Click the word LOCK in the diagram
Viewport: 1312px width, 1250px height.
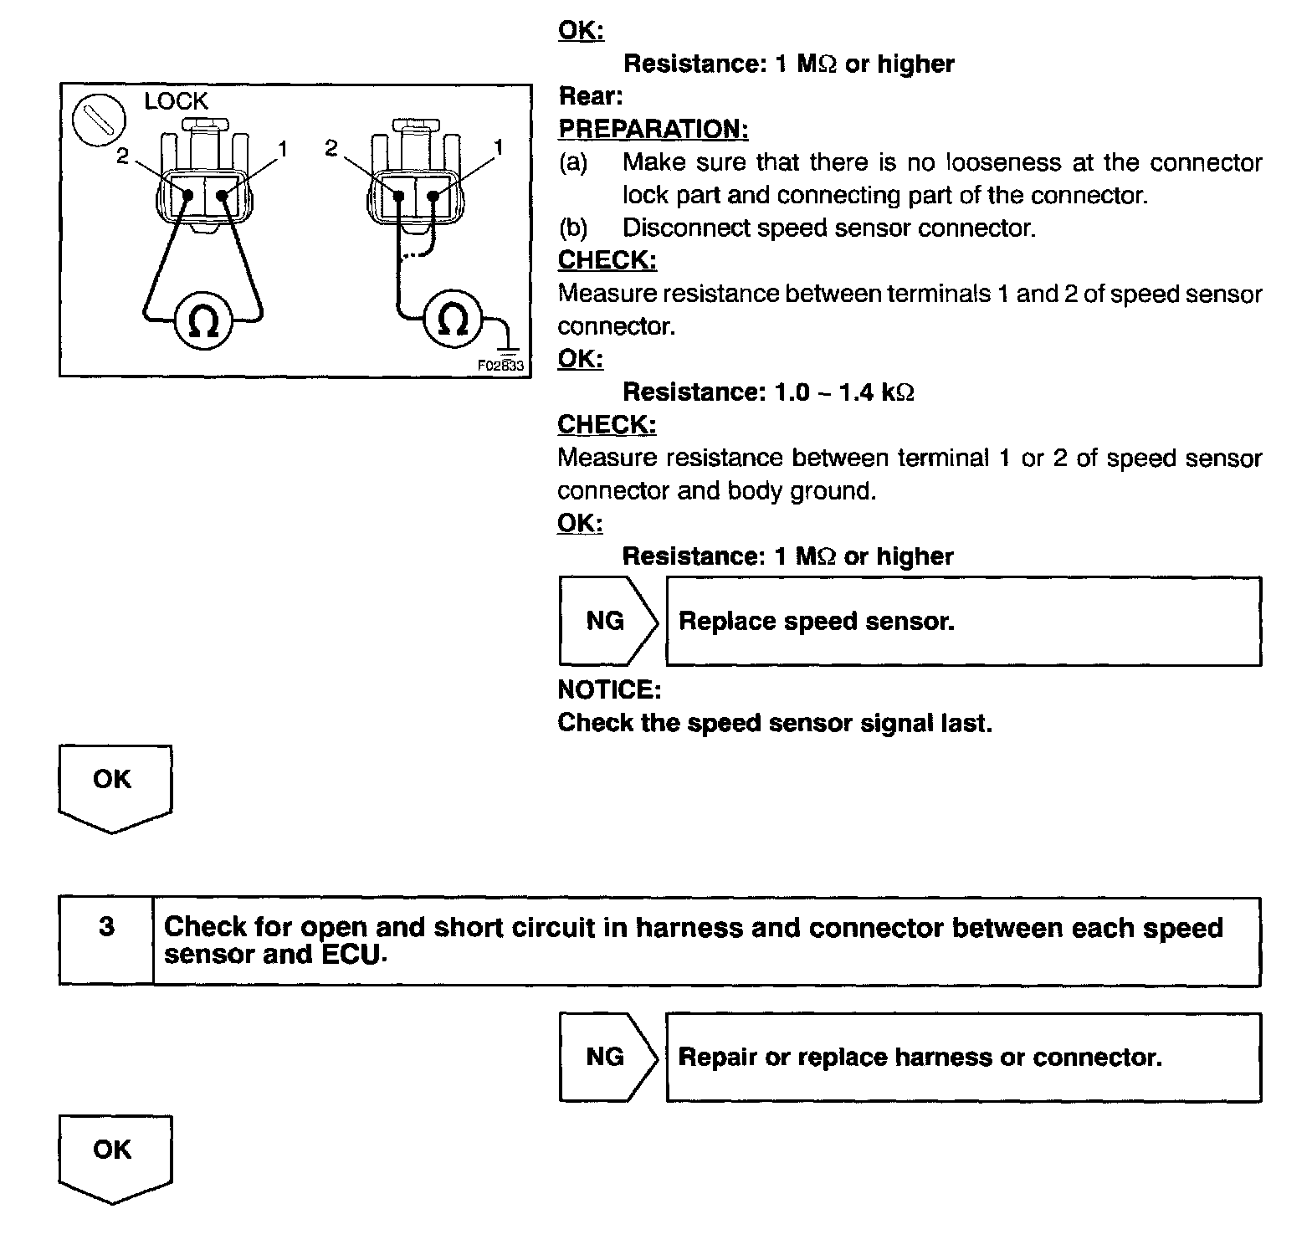click(176, 101)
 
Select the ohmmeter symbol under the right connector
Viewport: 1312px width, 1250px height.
click(453, 319)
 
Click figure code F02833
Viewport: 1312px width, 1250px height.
click(500, 366)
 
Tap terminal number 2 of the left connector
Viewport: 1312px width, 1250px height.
click(123, 156)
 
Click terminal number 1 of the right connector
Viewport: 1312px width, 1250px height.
click(499, 148)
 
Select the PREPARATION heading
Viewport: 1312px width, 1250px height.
click(653, 130)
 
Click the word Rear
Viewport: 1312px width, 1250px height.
click(590, 97)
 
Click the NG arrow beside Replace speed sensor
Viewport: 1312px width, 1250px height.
click(607, 621)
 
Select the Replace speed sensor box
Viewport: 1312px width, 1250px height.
click(962, 622)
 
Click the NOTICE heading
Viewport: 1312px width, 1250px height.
click(609, 689)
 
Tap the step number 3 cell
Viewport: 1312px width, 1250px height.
click(106, 928)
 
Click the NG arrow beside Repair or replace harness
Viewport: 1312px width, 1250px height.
click(607, 1058)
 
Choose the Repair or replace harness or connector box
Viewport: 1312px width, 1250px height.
click(962, 1058)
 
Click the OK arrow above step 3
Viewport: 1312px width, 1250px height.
click(115, 787)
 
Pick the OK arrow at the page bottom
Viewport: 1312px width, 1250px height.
click(115, 1158)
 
